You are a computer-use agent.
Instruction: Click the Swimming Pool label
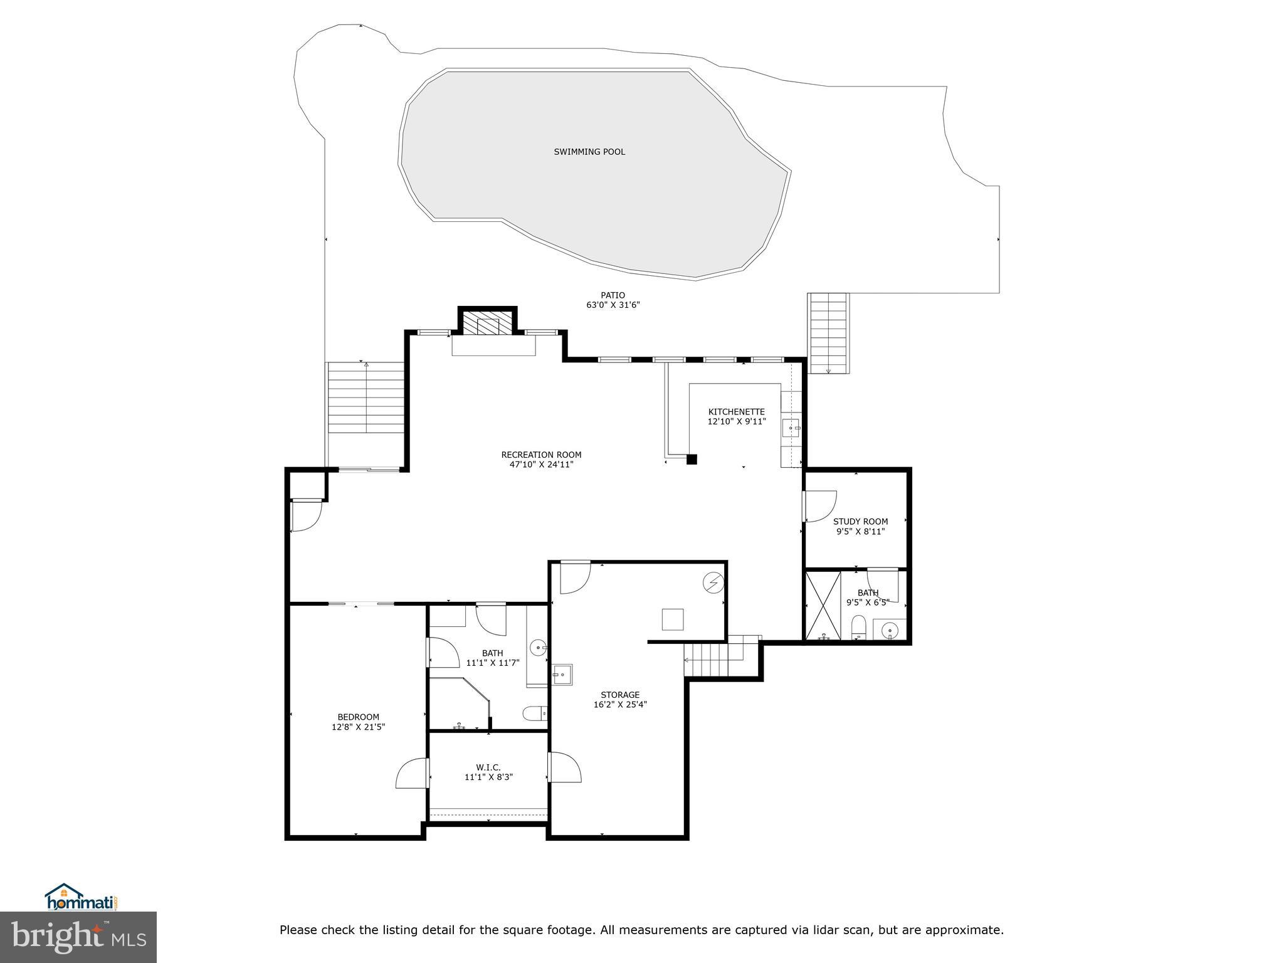[x=589, y=152]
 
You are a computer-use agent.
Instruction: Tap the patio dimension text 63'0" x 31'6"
[x=613, y=305]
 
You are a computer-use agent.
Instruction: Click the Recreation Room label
[x=541, y=455]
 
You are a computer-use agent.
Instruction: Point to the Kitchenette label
[x=737, y=412]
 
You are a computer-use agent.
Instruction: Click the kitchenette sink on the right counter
[x=791, y=428]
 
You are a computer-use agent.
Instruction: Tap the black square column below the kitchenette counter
[x=692, y=459]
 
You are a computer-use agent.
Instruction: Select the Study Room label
[x=860, y=522]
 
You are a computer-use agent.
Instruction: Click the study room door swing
[x=821, y=506]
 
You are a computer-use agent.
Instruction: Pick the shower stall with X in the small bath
[x=823, y=604]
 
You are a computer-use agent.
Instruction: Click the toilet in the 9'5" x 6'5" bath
[x=859, y=628]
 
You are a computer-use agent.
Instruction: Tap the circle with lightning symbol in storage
[x=713, y=583]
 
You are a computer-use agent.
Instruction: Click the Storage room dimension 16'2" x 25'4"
[x=620, y=705]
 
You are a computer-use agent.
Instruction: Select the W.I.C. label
[x=488, y=767]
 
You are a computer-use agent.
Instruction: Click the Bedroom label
[x=358, y=717]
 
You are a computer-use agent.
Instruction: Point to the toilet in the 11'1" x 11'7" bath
[x=535, y=713]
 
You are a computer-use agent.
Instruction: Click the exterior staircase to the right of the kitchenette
[x=828, y=333]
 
